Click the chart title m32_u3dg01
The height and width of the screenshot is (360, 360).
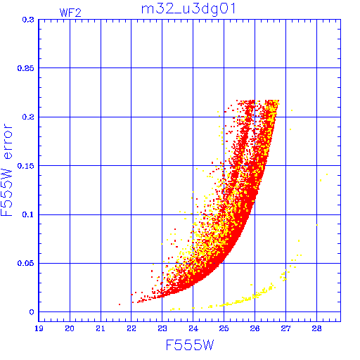click(188, 10)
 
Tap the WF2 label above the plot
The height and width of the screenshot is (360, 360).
click(70, 13)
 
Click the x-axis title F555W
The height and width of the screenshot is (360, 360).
click(190, 345)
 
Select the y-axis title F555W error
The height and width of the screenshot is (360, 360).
click(7, 170)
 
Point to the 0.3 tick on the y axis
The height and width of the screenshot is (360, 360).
click(28, 20)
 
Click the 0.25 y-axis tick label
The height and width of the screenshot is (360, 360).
click(25, 68)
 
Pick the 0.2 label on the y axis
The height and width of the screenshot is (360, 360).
click(28, 117)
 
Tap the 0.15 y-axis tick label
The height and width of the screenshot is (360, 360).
click(25, 166)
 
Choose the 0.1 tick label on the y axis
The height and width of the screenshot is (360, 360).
click(28, 214)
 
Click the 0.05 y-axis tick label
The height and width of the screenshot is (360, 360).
click(25, 263)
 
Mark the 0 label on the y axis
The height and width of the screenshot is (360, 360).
click(32, 312)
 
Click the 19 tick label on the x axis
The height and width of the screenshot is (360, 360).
click(39, 328)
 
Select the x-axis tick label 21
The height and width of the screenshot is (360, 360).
click(101, 328)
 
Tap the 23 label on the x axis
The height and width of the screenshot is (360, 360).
click(162, 328)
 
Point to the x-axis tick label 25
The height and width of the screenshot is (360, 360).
click(224, 328)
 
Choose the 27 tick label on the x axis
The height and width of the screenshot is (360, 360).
click(285, 328)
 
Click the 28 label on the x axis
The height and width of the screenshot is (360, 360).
click(316, 328)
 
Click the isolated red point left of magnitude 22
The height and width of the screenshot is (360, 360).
click(120, 304)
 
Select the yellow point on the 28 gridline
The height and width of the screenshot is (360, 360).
click(316, 225)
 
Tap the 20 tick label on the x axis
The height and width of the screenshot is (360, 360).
click(70, 328)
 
